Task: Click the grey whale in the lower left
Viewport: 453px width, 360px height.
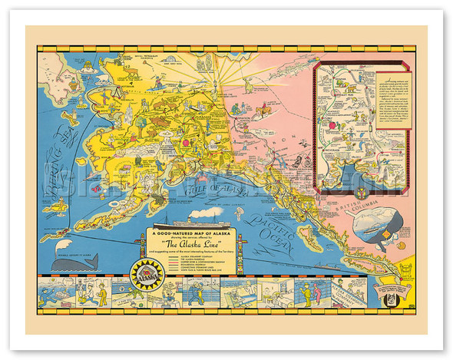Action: (74, 263)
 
